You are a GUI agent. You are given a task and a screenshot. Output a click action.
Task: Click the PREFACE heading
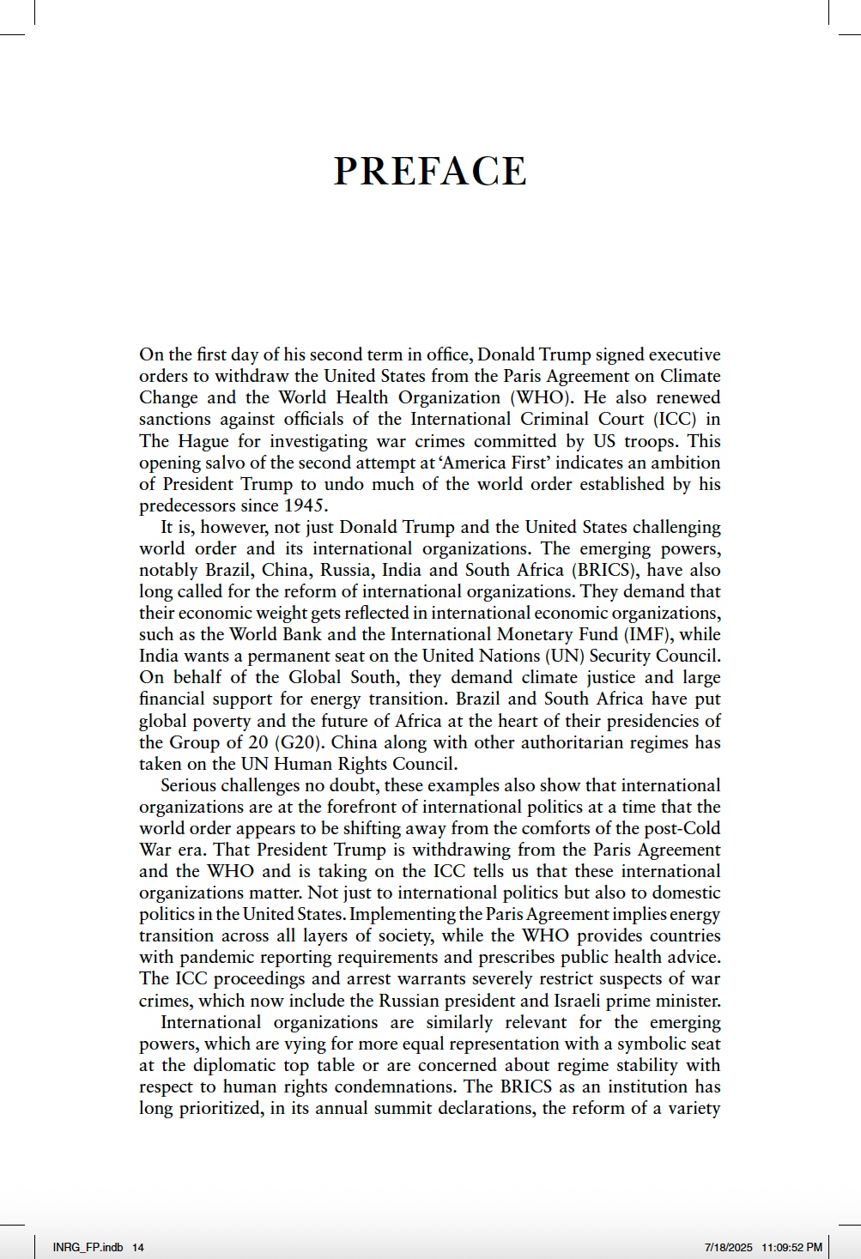click(x=430, y=171)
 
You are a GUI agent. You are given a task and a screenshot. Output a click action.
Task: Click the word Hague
click(x=203, y=441)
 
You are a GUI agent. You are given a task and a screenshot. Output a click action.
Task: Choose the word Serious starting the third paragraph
click(x=189, y=785)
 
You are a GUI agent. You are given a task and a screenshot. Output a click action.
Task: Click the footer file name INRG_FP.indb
click(x=88, y=1247)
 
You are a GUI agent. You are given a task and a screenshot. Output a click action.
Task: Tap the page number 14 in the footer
click(x=138, y=1247)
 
